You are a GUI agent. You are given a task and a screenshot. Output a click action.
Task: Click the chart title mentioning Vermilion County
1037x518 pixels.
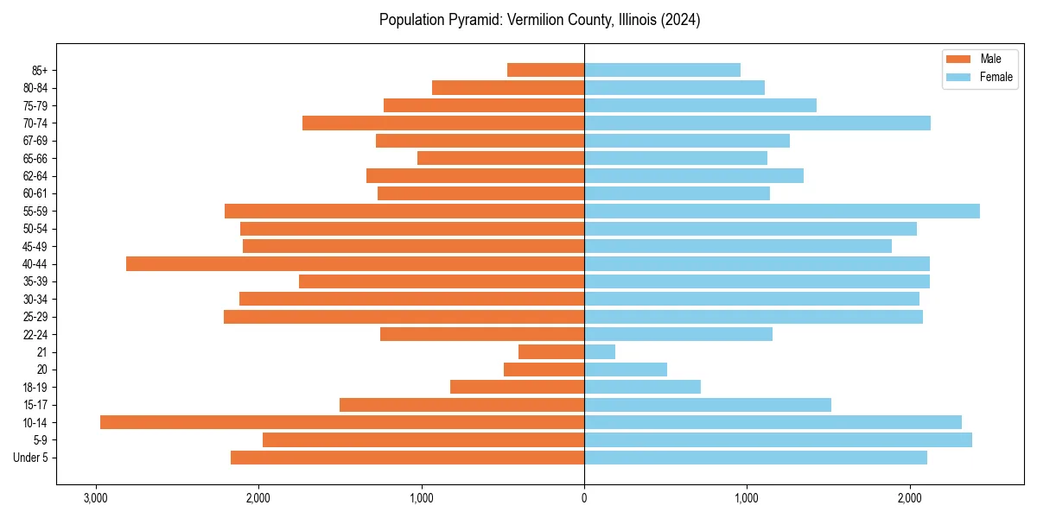click(x=539, y=20)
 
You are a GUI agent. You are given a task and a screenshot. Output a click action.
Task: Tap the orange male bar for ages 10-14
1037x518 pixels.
click(x=342, y=422)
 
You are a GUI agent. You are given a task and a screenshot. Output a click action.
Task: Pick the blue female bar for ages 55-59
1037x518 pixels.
click(x=782, y=212)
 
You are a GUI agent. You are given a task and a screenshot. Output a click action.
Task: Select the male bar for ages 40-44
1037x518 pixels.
click(x=355, y=264)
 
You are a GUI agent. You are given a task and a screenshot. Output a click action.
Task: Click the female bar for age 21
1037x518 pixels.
click(x=600, y=352)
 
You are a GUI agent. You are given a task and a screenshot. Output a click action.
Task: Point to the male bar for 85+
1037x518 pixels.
click(x=546, y=70)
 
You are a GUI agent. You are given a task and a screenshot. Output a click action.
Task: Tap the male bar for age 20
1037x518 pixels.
click(x=544, y=370)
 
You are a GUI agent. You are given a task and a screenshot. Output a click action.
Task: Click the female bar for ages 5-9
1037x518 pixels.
click(x=778, y=440)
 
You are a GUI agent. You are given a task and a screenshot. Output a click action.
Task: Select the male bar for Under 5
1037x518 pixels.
click(x=408, y=458)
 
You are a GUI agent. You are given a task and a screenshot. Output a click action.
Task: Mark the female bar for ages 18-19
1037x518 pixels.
click(x=642, y=387)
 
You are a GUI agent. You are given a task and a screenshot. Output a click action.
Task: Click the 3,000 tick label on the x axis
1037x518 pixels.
click(x=95, y=498)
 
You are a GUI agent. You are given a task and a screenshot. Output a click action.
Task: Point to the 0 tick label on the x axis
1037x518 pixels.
click(x=584, y=498)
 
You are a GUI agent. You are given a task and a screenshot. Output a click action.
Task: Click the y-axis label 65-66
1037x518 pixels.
click(x=35, y=159)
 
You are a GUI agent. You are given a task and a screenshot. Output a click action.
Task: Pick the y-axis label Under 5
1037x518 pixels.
click(x=31, y=458)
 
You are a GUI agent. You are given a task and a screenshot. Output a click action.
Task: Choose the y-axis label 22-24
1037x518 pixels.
click(x=35, y=335)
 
